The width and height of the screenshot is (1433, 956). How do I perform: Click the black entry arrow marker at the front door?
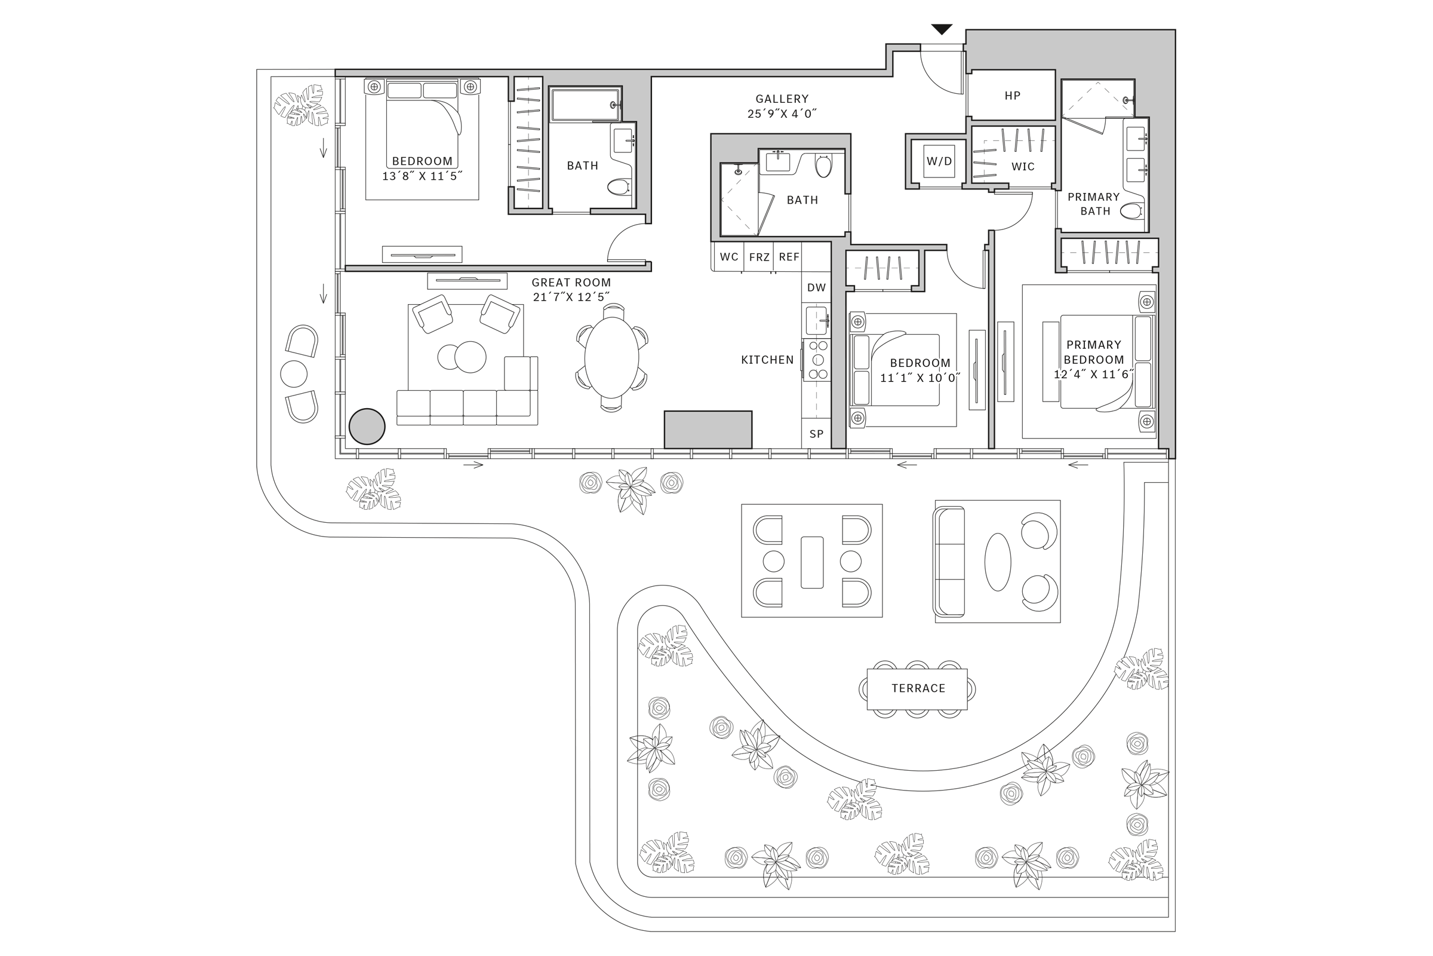coord(942,29)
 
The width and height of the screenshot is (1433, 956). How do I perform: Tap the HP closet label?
coord(1012,96)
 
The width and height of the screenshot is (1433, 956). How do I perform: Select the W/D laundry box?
coord(939,161)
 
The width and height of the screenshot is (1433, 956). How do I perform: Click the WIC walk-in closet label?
coord(1022,167)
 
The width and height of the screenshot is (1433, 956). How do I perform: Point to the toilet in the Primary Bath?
coord(1131,212)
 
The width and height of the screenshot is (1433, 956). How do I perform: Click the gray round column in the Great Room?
coord(367,426)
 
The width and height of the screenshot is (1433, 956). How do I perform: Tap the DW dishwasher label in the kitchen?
coord(816,288)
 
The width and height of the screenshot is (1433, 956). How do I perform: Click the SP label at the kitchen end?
coord(816,434)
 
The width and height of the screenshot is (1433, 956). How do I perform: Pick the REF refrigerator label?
coord(788,258)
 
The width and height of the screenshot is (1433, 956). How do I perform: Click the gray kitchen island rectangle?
coord(708,430)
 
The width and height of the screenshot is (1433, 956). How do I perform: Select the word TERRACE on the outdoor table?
coord(918,688)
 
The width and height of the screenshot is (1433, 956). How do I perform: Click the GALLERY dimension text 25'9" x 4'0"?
coord(782,114)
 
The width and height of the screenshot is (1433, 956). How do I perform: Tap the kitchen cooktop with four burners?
coord(817,360)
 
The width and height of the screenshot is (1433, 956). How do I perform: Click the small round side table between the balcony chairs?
coord(293,374)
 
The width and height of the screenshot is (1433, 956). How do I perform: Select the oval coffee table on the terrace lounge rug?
coord(997,562)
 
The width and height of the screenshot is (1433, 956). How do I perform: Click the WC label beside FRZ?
coord(728,258)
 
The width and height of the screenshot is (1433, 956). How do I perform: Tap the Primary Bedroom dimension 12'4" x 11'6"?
coord(1094,375)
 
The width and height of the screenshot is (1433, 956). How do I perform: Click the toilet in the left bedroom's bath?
coord(620,186)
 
